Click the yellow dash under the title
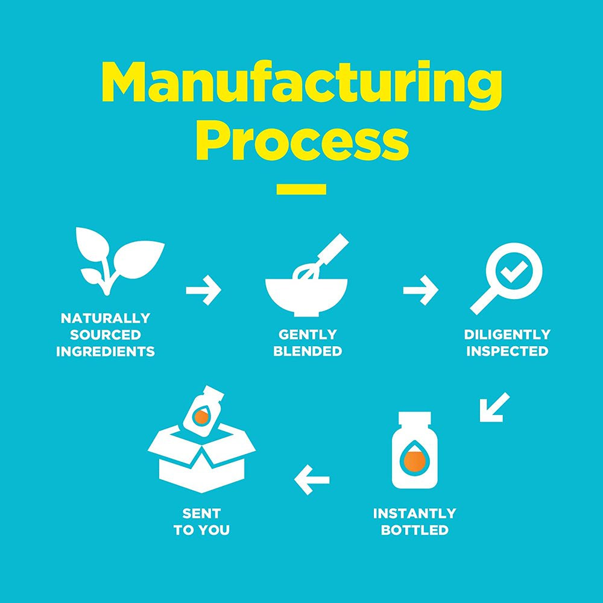[x=301, y=189]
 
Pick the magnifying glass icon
[x=507, y=277]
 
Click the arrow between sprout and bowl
[x=204, y=291]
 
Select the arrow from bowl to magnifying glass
[x=420, y=291]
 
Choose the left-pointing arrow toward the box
[x=312, y=480]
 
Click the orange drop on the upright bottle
[x=414, y=461]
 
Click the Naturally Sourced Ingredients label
[x=106, y=335]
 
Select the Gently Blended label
[x=308, y=343]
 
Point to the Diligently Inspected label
[x=507, y=343]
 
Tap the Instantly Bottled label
[x=414, y=522]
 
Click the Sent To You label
[x=201, y=522]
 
